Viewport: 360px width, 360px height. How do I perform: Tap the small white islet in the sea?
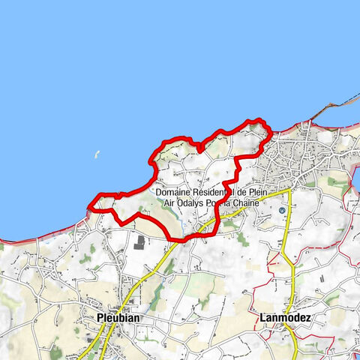click(x=96, y=156)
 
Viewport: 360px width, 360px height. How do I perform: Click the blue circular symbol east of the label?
click(x=282, y=211)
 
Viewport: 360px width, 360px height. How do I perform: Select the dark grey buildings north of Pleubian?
click(x=139, y=241)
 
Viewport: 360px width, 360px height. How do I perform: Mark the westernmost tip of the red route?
click(x=89, y=206)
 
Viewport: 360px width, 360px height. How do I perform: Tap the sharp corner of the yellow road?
click(x=289, y=192)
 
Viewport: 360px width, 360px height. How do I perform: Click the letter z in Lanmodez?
click(x=307, y=317)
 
